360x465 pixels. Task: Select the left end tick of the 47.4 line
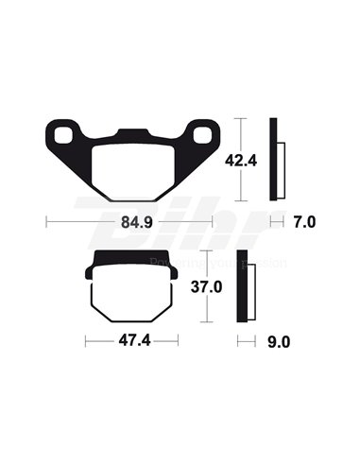(86, 339)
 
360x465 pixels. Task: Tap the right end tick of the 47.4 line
(177, 339)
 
